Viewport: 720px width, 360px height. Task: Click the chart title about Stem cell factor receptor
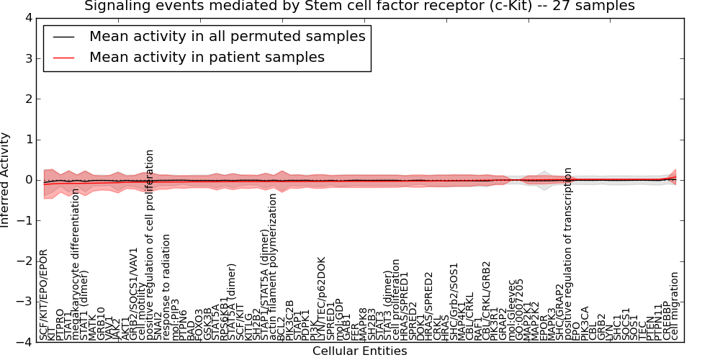pos(359,6)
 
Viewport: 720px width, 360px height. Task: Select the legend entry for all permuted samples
pos(227,36)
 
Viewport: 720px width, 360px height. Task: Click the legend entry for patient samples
pos(207,57)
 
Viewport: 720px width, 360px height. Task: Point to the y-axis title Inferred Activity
pos(6,180)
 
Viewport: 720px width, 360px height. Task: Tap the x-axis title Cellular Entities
pos(359,351)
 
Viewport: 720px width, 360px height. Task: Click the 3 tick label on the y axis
pos(28,58)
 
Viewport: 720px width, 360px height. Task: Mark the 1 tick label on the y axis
pos(28,140)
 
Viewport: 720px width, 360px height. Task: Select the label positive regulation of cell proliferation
pos(150,246)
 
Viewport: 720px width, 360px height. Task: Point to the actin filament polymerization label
pos(273,266)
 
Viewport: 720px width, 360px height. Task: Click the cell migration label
pos(675,305)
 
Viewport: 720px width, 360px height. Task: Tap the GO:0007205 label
pos(521,309)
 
